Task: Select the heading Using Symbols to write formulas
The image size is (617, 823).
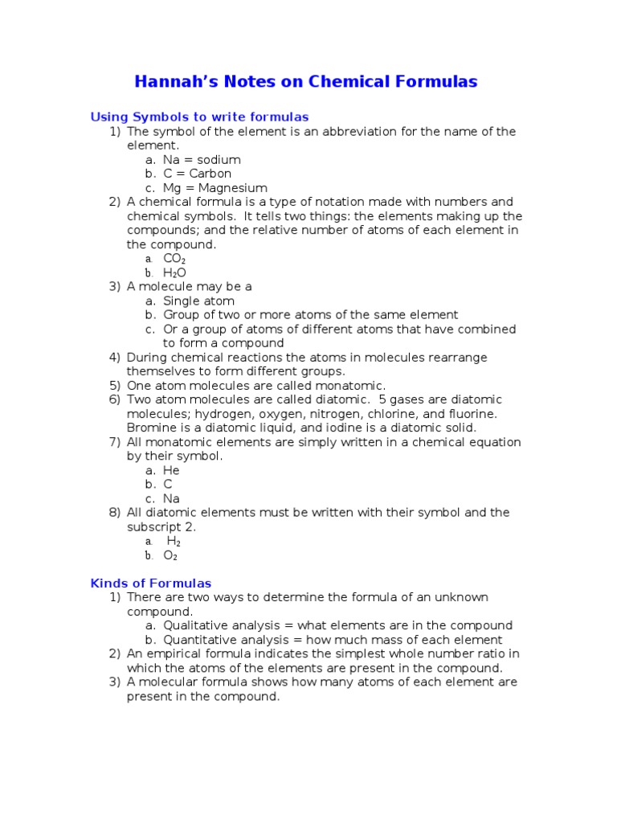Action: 199,117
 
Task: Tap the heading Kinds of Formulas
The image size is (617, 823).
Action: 151,583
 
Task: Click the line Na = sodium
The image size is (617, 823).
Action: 202,160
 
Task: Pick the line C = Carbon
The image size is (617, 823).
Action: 197,174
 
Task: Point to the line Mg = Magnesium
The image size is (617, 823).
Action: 215,188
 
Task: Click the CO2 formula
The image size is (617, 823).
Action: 174,259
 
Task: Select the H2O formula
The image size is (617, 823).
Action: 174,273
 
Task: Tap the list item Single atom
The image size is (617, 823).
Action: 199,301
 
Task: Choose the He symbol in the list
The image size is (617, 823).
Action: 171,470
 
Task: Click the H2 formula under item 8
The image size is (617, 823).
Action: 174,542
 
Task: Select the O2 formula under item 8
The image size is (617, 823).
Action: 170,555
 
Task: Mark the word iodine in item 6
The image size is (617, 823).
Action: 349,428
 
